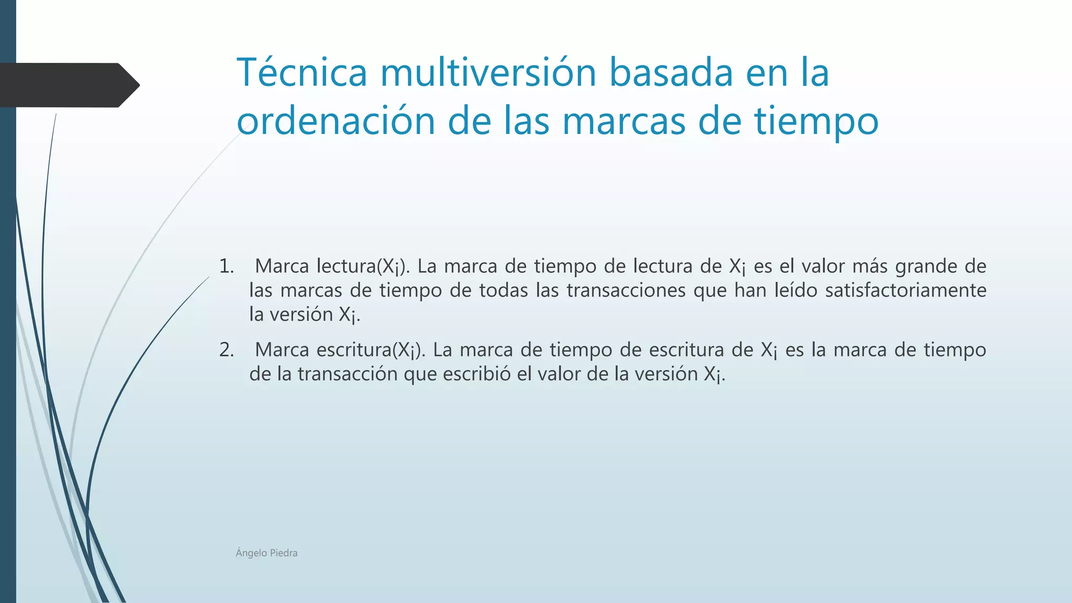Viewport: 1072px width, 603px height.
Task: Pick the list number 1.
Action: click(x=226, y=266)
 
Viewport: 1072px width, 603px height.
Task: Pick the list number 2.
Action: click(x=226, y=350)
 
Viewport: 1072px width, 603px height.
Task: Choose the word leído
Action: click(x=796, y=290)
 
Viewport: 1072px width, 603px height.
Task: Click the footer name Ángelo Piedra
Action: click(x=266, y=553)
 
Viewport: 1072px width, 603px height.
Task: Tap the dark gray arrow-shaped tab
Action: click(x=68, y=85)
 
